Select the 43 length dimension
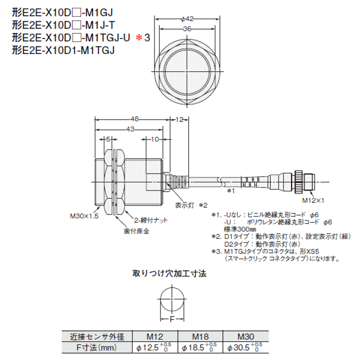(x=130, y=129)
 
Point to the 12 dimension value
(x=179, y=119)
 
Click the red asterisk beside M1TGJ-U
(x=139, y=37)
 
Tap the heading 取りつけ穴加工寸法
(x=169, y=273)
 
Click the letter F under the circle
(x=172, y=318)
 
